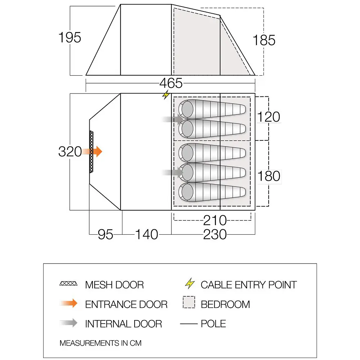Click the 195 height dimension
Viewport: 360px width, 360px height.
point(70,37)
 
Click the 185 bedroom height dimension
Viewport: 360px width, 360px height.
point(264,40)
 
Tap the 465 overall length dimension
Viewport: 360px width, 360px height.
point(171,83)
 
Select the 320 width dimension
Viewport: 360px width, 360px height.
point(70,152)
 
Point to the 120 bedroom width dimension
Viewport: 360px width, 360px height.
point(269,117)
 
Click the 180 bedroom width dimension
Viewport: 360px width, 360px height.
point(269,176)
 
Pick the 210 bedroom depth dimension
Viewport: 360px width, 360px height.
point(215,220)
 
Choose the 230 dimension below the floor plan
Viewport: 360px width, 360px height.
point(215,234)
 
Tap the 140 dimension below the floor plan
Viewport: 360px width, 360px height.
point(147,234)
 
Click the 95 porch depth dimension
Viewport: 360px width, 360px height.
point(105,234)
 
